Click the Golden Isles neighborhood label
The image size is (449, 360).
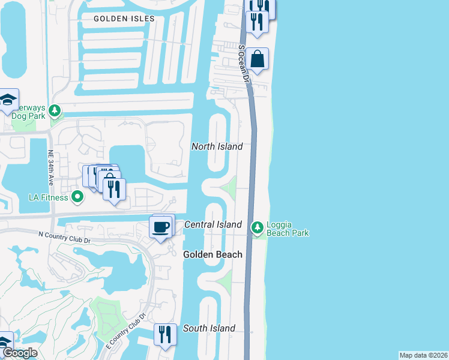tap(124, 19)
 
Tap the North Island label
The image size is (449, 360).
tap(217, 146)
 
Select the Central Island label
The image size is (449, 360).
tap(212, 224)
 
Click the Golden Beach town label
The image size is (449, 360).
tap(212, 254)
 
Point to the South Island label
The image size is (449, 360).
tap(209, 328)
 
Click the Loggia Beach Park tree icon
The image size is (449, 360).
tap(258, 227)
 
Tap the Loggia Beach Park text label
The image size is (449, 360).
tap(288, 229)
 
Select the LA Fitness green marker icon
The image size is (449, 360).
tap(77, 196)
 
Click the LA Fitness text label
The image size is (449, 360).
tap(50, 197)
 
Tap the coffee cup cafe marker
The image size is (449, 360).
tap(160, 227)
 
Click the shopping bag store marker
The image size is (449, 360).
tap(257, 59)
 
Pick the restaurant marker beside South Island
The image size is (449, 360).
tap(164, 334)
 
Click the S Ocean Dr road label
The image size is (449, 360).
tap(243, 63)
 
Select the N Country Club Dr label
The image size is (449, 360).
tap(64, 238)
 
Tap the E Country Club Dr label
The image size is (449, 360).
tap(126, 331)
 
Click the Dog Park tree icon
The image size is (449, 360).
tap(55, 110)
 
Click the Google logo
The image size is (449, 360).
tap(20, 353)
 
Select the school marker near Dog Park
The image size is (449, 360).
tap(8, 100)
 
